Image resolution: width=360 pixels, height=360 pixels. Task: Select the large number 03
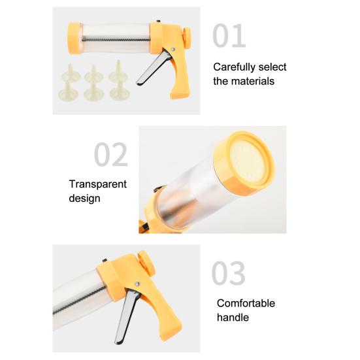point(229,273)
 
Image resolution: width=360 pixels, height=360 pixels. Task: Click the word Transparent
point(98,184)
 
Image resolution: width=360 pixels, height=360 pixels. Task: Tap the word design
point(85,198)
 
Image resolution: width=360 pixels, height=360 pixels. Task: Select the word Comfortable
point(246,304)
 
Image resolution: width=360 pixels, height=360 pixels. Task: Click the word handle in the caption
point(233,318)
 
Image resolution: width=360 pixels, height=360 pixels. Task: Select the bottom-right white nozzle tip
point(119,91)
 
